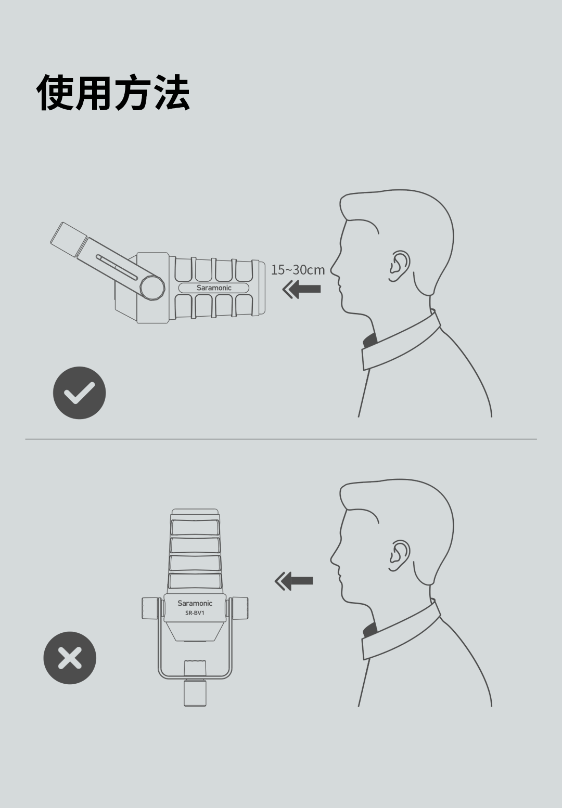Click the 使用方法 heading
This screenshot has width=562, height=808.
pyautogui.click(x=113, y=93)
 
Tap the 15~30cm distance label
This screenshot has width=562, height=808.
pyautogui.click(x=298, y=270)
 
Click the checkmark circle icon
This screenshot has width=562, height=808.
pyautogui.click(x=80, y=393)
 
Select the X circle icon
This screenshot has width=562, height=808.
pyautogui.click(x=70, y=658)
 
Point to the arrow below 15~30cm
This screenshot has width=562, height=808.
pyautogui.click(x=301, y=289)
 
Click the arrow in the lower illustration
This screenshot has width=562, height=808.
pyautogui.click(x=294, y=581)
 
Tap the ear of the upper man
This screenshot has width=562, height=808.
pyautogui.click(x=400, y=266)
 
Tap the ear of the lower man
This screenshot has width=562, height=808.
pyautogui.click(x=400, y=556)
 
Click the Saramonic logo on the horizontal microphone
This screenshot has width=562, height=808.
pyautogui.click(x=214, y=288)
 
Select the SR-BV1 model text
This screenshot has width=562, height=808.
pyautogui.click(x=195, y=613)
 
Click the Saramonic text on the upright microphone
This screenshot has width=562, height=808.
pyautogui.click(x=195, y=603)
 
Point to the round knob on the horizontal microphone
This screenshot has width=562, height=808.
pyautogui.click(x=152, y=288)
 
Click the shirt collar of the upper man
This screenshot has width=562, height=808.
pyautogui.click(x=401, y=340)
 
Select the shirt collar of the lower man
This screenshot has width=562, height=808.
pyautogui.click(x=401, y=630)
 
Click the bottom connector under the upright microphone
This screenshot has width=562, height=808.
pyautogui.click(x=195, y=693)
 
